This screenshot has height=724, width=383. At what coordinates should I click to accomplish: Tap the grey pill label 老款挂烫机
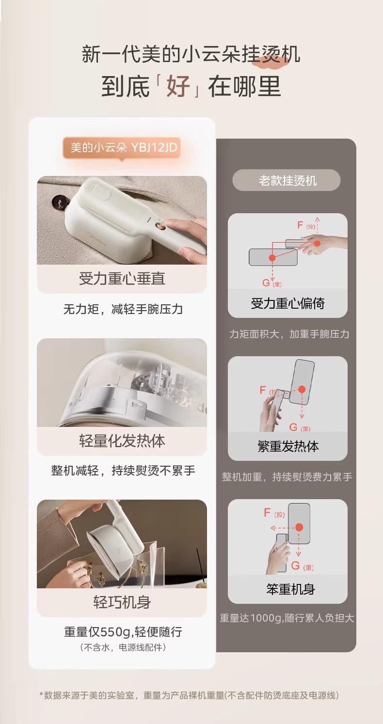click(x=286, y=180)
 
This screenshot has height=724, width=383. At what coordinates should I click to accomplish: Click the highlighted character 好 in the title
click(x=178, y=86)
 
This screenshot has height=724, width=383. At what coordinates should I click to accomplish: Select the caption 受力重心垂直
click(x=122, y=279)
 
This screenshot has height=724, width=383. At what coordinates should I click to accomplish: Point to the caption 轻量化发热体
click(x=122, y=441)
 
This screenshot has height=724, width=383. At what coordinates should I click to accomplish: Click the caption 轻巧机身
click(x=122, y=602)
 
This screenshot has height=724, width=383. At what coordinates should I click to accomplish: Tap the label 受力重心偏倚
click(x=287, y=303)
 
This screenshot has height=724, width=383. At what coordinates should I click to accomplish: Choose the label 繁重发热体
click(x=288, y=446)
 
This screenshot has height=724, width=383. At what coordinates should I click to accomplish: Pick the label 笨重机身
click(x=290, y=589)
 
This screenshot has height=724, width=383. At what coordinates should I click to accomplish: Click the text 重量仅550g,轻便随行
click(x=123, y=631)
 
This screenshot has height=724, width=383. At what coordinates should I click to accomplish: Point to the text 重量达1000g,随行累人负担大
click(x=287, y=618)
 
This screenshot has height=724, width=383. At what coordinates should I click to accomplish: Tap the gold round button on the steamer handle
click(x=160, y=225)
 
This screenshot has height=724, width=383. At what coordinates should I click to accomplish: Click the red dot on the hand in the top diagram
click(x=318, y=243)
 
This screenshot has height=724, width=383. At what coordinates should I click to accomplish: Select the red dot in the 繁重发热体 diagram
click(x=302, y=390)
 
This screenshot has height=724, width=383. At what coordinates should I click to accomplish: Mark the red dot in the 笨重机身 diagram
click(x=299, y=527)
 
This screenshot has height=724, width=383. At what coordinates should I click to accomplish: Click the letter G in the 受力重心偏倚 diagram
click(x=266, y=283)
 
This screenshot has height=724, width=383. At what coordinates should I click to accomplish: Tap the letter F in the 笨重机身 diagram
click(x=267, y=512)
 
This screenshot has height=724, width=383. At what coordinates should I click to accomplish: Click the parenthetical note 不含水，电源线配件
click(x=123, y=647)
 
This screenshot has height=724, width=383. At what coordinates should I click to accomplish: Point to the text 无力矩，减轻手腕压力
click(x=123, y=309)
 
